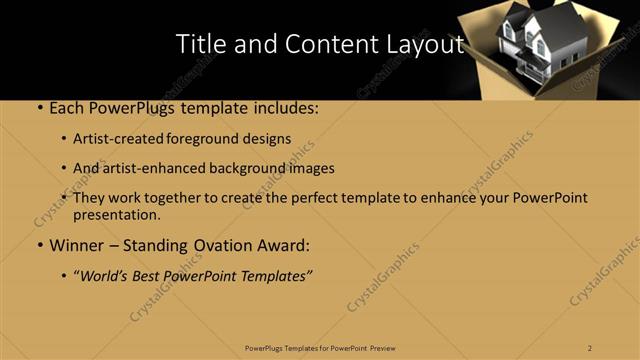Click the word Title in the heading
point(199,44)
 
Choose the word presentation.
point(116,214)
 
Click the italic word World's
point(108,276)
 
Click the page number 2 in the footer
point(590,347)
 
